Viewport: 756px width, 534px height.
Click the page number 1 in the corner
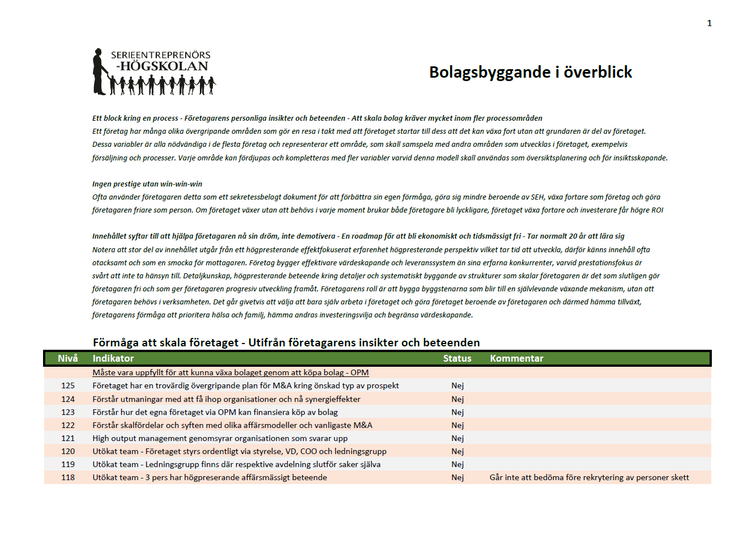click(709, 23)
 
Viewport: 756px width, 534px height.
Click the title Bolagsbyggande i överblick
click(530, 72)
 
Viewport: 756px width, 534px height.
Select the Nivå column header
click(68, 358)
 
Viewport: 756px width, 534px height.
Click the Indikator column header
click(113, 358)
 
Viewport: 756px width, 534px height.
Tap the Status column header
click(457, 358)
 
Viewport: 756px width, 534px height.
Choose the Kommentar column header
click(516, 358)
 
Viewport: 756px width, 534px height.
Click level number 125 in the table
click(68, 385)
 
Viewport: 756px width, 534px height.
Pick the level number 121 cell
click(68, 438)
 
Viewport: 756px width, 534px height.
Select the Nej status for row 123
click(458, 412)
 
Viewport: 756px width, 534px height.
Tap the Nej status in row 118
click(458, 477)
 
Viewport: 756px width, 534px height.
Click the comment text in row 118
click(589, 477)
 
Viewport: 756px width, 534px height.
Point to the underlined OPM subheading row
click(230, 372)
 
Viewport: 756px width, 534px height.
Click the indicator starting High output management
click(220, 438)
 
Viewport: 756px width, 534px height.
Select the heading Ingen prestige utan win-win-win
click(147, 184)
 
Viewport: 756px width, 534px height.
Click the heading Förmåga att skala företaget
click(286, 342)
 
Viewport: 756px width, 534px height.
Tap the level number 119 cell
click(68, 464)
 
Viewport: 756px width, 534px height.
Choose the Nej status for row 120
click(458, 451)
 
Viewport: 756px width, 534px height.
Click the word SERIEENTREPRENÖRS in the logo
click(160, 55)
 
